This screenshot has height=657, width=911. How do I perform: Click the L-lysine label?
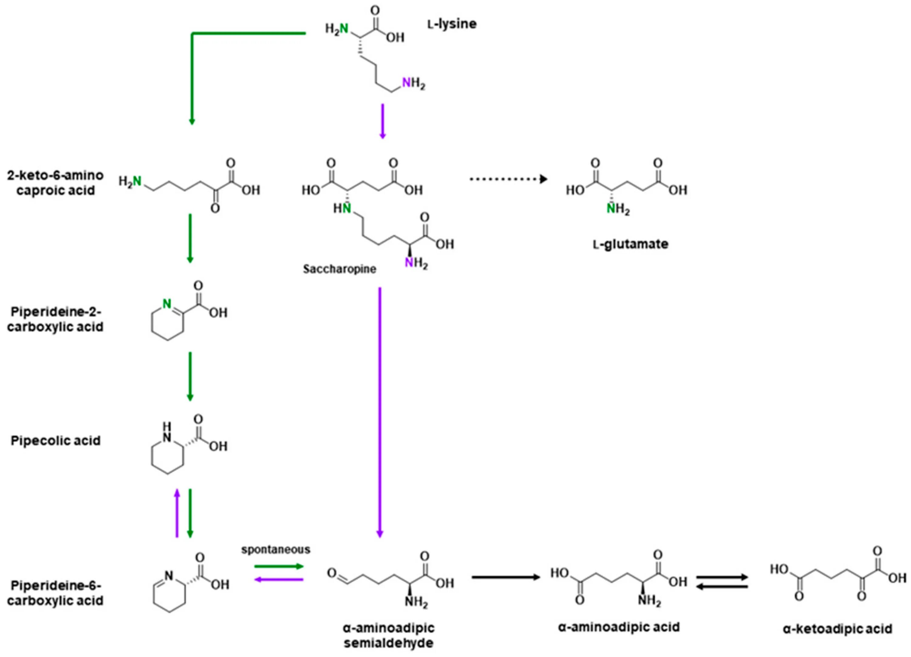pyautogui.click(x=452, y=24)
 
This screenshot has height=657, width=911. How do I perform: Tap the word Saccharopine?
pyautogui.click(x=339, y=269)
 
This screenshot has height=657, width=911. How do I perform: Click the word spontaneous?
pyautogui.click(x=275, y=550)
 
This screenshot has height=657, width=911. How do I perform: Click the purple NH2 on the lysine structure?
pyautogui.click(x=413, y=83)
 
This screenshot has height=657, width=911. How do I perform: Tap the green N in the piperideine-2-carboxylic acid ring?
pyautogui.click(x=167, y=304)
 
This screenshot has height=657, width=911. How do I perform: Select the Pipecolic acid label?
pyautogui.click(x=56, y=441)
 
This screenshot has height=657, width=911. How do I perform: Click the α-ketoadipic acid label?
pyautogui.click(x=838, y=628)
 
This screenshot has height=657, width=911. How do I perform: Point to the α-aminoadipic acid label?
pyautogui.click(x=619, y=627)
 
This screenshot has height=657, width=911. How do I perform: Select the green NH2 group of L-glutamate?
pyautogui.click(x=617, y=209)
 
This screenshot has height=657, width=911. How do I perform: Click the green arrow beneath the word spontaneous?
pyautogui.click(x=278, y=567)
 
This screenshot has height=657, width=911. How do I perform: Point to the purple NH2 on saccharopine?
pyautogui.click(x=415, y=264)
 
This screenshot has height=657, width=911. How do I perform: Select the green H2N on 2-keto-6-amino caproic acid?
pyautogui.click(x=130, y=182)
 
